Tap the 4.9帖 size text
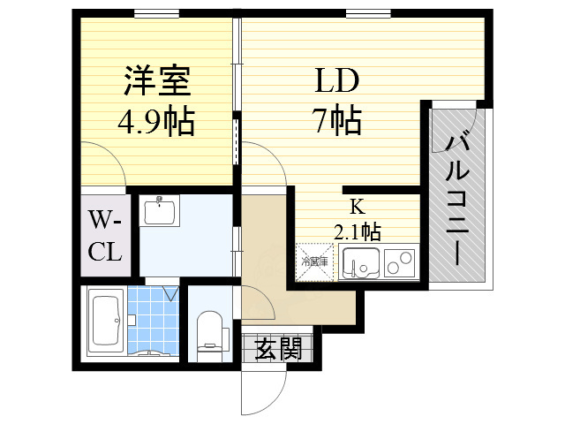click(x=156, y=121)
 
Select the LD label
click(x=337, y=82)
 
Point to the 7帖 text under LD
click(x=337, y=119)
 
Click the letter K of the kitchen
click(x=357, y=208)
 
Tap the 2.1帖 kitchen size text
click(x=357, y=232)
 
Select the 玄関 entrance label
click(x=278, y=350)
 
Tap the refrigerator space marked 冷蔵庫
click(x=315, y=262)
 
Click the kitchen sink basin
click(x=359, y=263)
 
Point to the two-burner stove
click(x=399, y=263)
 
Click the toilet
click(x=209, y=331)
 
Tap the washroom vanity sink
click(x=160, y=212)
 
